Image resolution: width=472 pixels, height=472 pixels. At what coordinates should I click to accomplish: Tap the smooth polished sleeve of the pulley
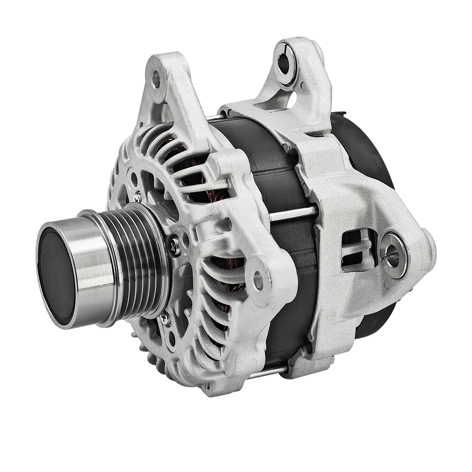(94, 249)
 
